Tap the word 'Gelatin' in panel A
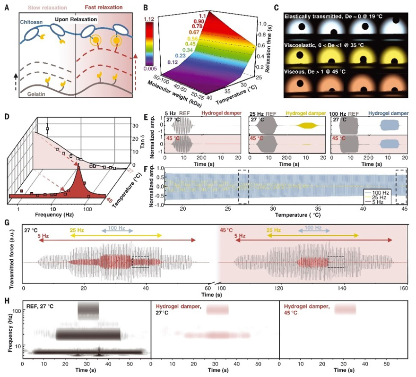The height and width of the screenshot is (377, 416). click(34, 93)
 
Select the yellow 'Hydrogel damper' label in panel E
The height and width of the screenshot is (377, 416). click(304, 114)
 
